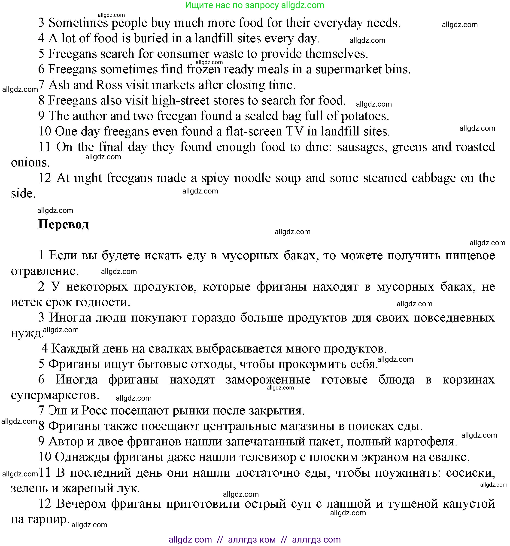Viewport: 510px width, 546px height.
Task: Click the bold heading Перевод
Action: tap(64, 224)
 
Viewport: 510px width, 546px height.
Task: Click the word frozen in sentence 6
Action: tap(203, 69)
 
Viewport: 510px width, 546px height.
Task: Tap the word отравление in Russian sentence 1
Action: tap(45, 271)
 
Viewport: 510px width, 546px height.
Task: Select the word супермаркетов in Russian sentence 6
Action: tap(55, 396)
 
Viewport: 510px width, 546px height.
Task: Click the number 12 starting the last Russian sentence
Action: tap(45, 504)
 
